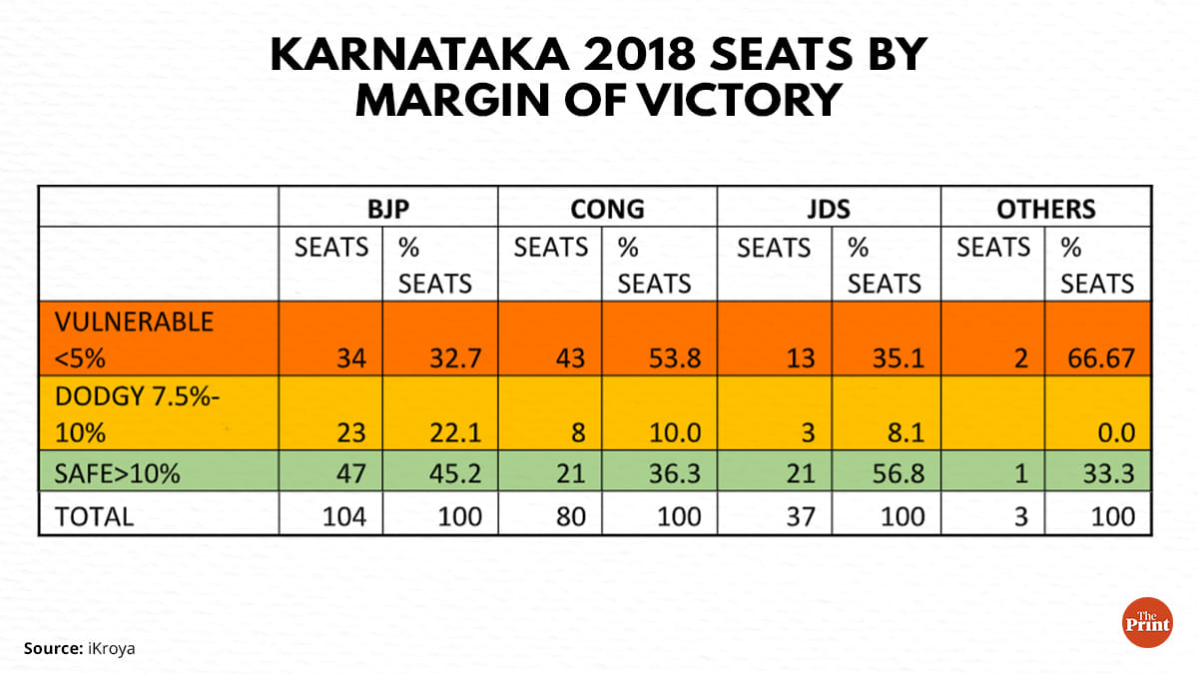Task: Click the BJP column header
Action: coord(388,209)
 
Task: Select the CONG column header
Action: coord(607,209)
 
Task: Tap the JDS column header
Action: coord(830,209)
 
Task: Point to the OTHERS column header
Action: coord(1046,209)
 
